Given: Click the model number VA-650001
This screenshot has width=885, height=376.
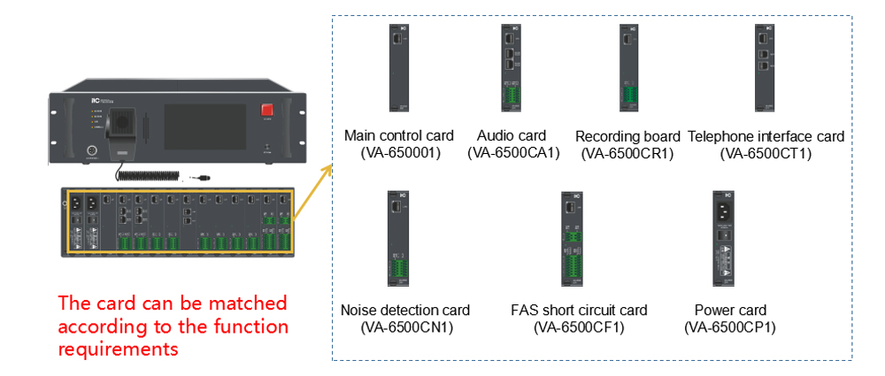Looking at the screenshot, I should [x=399, y=152].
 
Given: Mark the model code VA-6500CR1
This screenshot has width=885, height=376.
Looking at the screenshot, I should [x=627, y=154].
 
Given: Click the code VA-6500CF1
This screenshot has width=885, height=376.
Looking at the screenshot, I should [x=579, y=327].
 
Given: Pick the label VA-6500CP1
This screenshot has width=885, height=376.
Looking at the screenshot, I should [x=730, y=327].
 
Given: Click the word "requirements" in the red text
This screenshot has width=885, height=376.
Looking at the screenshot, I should [x=119, y=349].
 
